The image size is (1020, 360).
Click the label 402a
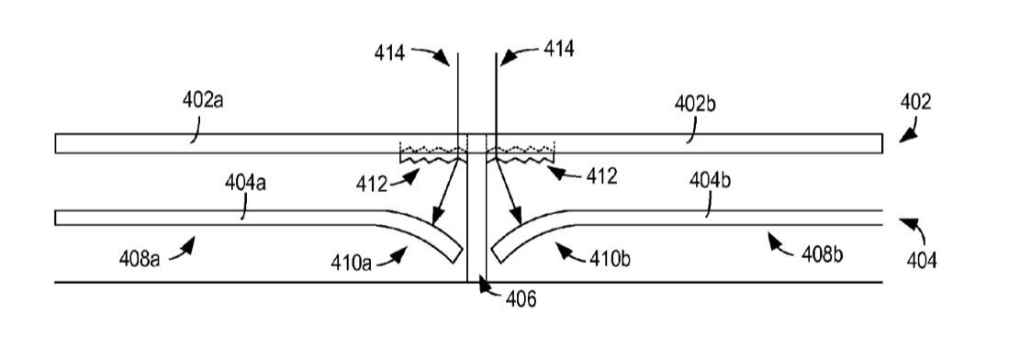[203, 102]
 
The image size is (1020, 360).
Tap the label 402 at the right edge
[916, 102]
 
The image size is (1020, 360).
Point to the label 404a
[245, 182]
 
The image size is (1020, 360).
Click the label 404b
[710, 180]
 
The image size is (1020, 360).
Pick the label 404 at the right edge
[923, 261]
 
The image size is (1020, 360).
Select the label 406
[521, 300]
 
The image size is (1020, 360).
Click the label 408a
[140, 258]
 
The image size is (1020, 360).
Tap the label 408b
[823, 253]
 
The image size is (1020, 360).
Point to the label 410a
[353, 263]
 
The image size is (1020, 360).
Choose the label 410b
[610, 258]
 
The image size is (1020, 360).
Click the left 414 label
[389, 52]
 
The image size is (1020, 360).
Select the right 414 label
[558, 49]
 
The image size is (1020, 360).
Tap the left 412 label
[371, 185]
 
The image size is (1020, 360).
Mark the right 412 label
[601, 175]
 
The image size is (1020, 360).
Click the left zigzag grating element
[432, 154]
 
